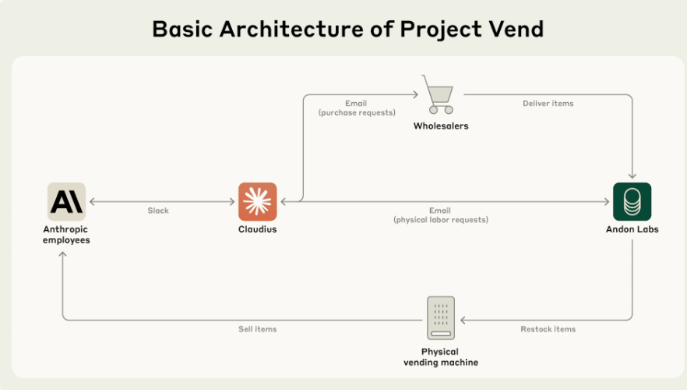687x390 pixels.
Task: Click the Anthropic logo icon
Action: [x=66, y=202]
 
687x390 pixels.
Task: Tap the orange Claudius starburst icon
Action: [x=257, y=202]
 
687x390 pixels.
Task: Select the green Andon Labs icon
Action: [x=632, y=202]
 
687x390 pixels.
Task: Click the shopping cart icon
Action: [x=439, y=94]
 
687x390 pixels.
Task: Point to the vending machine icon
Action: [x=441, y=317]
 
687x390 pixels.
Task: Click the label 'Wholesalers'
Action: [x=441, y=126]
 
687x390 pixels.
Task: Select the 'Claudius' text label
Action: [x=257, y=229]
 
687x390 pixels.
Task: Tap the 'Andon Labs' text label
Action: [x=632, y=229]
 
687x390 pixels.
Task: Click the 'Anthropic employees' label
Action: [x=66, y=235]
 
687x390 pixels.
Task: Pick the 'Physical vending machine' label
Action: [x=441, y=357]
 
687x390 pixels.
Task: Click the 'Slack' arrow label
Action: [x=158, y=211]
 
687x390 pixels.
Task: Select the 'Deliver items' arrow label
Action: [x=548, y=103]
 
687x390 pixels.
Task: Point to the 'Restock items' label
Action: [x=548, y=329]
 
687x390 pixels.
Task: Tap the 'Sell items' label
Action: [x=257, y=329]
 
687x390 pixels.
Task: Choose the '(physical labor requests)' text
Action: [x=440, y=220]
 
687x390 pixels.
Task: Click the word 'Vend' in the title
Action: [x=512, y=29]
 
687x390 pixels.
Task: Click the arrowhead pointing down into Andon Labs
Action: [x=632, y=175]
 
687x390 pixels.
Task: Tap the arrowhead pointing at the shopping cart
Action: [x=414, y=95]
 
